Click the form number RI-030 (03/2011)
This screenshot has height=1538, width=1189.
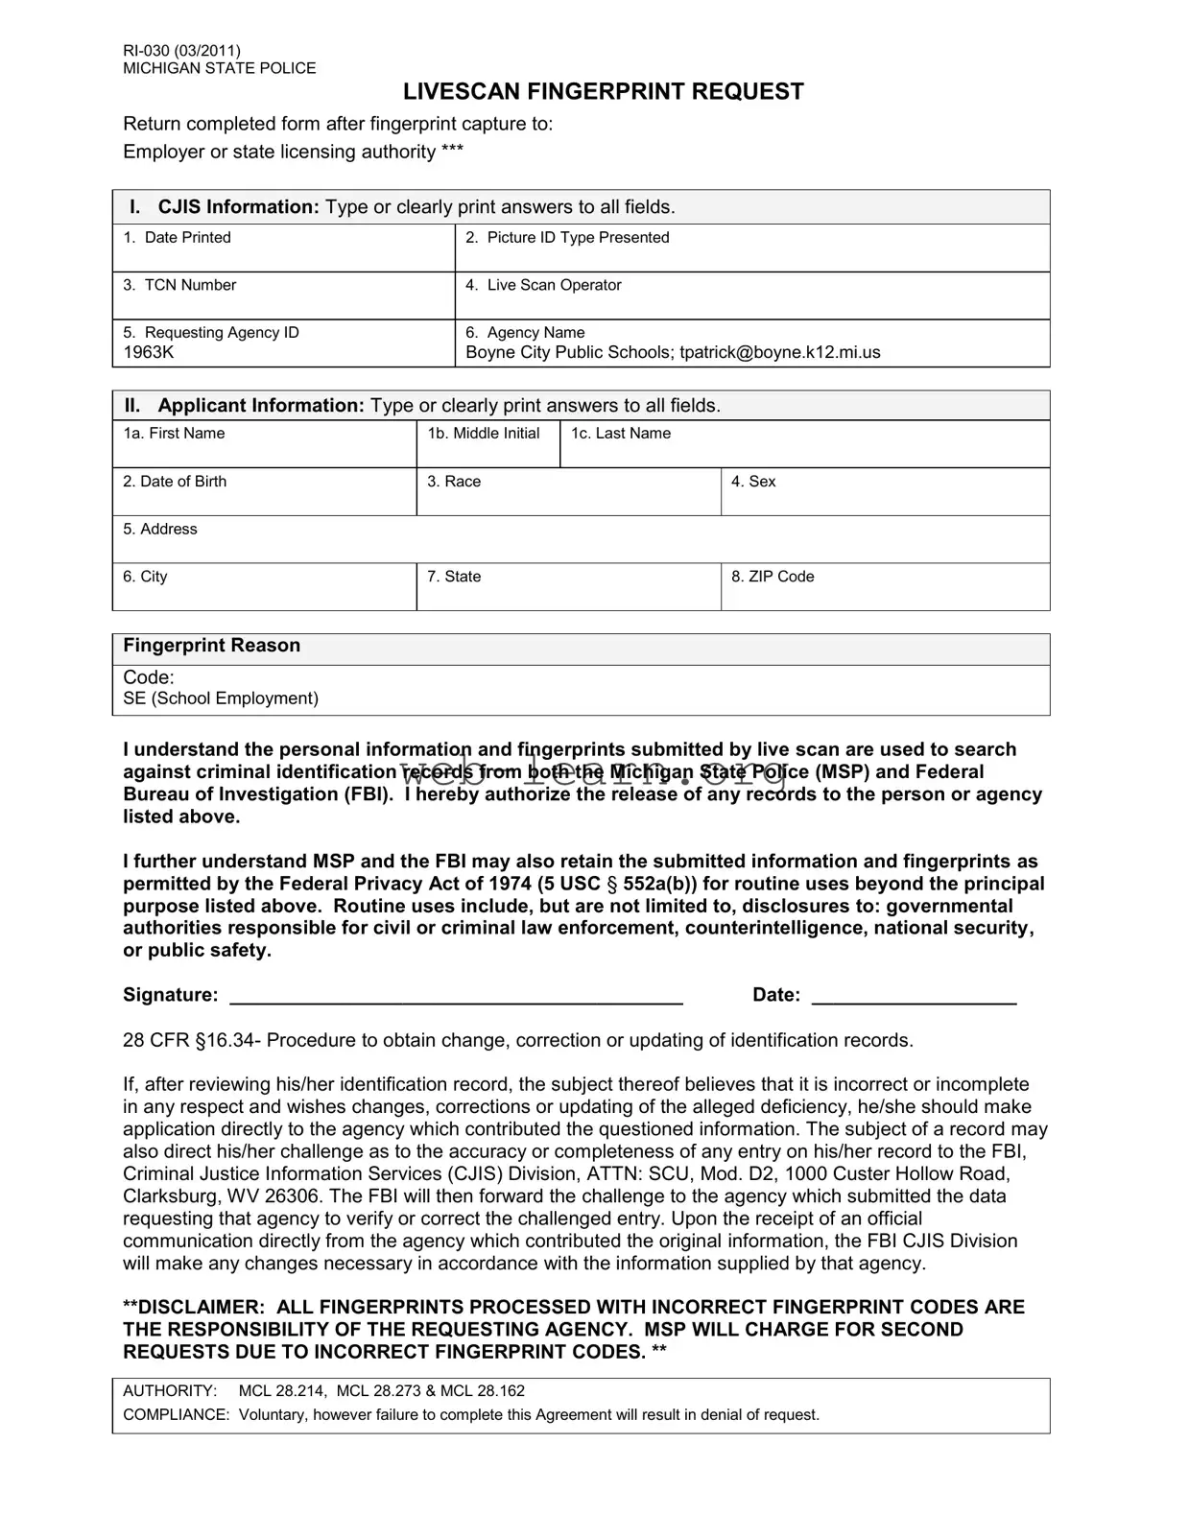[x=181, y=51]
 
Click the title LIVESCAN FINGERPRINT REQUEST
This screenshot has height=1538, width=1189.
[x=603, y=92]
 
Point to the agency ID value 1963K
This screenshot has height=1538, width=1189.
[x=149, y=352]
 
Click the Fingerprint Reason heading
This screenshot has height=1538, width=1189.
[x=211, y=646]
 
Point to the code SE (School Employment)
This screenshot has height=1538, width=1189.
[x=221, y=698]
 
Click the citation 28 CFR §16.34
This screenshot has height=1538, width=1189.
[x=190, y=1040]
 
